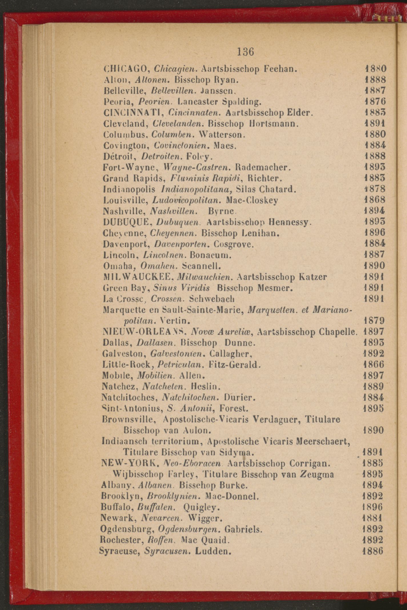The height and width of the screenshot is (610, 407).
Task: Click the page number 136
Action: pyautogui.click(x=245, y=52)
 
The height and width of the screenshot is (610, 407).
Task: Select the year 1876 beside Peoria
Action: pyautogui.click(x=375, y=101)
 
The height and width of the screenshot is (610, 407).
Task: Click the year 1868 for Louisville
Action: pyautogui.click(x=375, y=199)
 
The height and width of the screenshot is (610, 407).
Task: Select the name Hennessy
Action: pyautogui.click(x=289, y=222)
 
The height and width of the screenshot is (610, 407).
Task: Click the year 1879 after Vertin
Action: pyautogui.click(x=374, y=320)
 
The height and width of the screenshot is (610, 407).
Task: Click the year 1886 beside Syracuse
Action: pyautogui.click(x=372, y=550)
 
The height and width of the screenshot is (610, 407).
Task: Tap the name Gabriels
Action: pyautogui.click(x=243, y=529)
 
